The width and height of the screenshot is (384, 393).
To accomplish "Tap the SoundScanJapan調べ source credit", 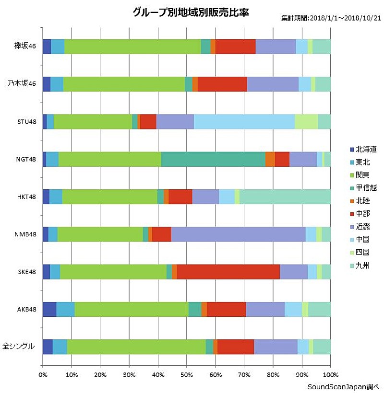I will pos(344,386).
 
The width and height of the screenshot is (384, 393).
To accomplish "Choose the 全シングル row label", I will pos(20,346).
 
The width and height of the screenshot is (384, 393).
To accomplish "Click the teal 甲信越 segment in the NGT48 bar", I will pos(213,159).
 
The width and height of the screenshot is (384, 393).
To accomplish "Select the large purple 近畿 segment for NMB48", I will pos(238,234).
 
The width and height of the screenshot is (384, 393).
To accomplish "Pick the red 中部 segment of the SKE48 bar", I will pos(228,272).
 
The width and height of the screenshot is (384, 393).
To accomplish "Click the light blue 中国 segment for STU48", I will pos(244,122).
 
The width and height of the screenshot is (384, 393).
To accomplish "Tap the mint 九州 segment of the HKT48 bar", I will pos(285,196).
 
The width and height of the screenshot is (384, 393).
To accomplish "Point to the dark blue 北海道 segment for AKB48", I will pos(49,309).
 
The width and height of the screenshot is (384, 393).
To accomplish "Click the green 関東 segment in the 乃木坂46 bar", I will pos(124,84).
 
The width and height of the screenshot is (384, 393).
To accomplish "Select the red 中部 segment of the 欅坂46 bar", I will pos(235,46).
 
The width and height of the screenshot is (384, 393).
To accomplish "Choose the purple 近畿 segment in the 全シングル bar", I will pos(276,346).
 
